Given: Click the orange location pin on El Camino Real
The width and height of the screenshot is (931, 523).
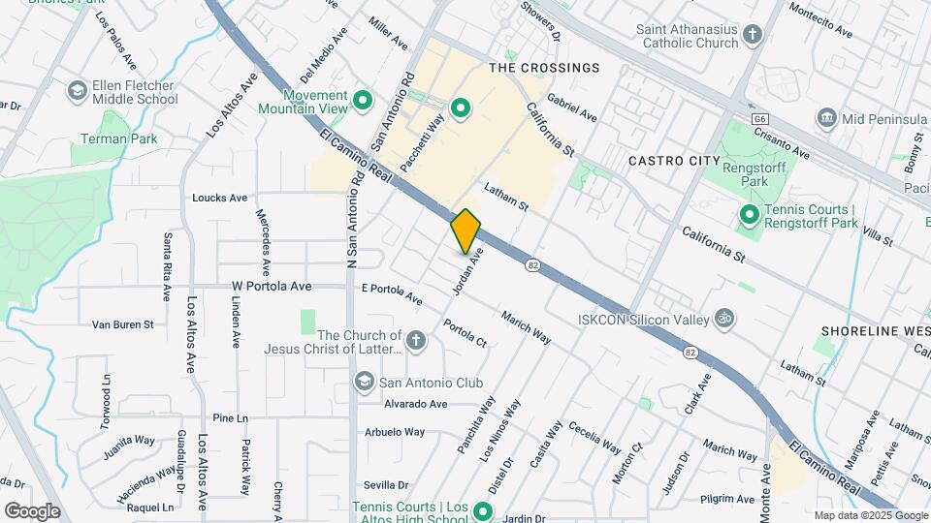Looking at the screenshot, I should click(465, 231).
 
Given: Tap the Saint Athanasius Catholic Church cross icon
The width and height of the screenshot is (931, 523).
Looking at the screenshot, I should click(753, 37).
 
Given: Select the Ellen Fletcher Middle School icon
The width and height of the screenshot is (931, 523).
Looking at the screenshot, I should click(76, 91).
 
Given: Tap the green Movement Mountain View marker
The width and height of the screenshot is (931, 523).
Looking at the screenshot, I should click(363, 100).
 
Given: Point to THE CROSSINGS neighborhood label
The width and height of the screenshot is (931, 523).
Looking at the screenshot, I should click(544, 68).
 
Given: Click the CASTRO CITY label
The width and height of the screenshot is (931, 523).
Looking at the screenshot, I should click(674, 160).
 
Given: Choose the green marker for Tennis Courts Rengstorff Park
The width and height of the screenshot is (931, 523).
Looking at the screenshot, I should click(749, 215).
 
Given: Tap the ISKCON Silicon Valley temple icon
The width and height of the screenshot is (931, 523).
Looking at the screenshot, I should click(722, 318).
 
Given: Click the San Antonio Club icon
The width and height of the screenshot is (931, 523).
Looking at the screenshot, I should click(365, 381).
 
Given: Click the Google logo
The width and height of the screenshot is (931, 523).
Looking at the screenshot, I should click(32, 510).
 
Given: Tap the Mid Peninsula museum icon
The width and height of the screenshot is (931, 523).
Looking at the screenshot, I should click(827, 118).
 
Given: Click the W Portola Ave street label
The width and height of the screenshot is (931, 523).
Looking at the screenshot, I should click(272, 287).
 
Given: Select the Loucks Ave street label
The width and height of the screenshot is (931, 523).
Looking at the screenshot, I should click(220, 198).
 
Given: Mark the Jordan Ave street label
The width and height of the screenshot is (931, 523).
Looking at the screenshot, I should click(467, 273).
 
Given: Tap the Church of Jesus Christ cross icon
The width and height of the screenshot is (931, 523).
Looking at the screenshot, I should click(415, 341).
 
